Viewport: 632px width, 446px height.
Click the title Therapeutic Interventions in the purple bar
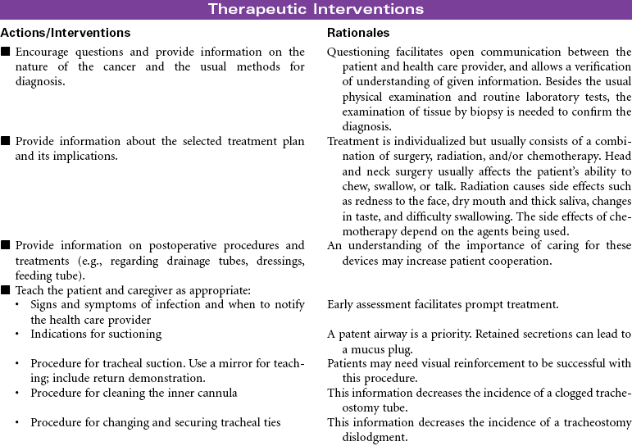pos(316,10)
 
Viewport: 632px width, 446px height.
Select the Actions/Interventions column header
pos(66,33)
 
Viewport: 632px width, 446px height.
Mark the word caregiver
pos(152,290)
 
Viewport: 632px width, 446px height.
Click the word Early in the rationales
pos(342,305)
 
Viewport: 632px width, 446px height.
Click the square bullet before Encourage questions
pos(6,52)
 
